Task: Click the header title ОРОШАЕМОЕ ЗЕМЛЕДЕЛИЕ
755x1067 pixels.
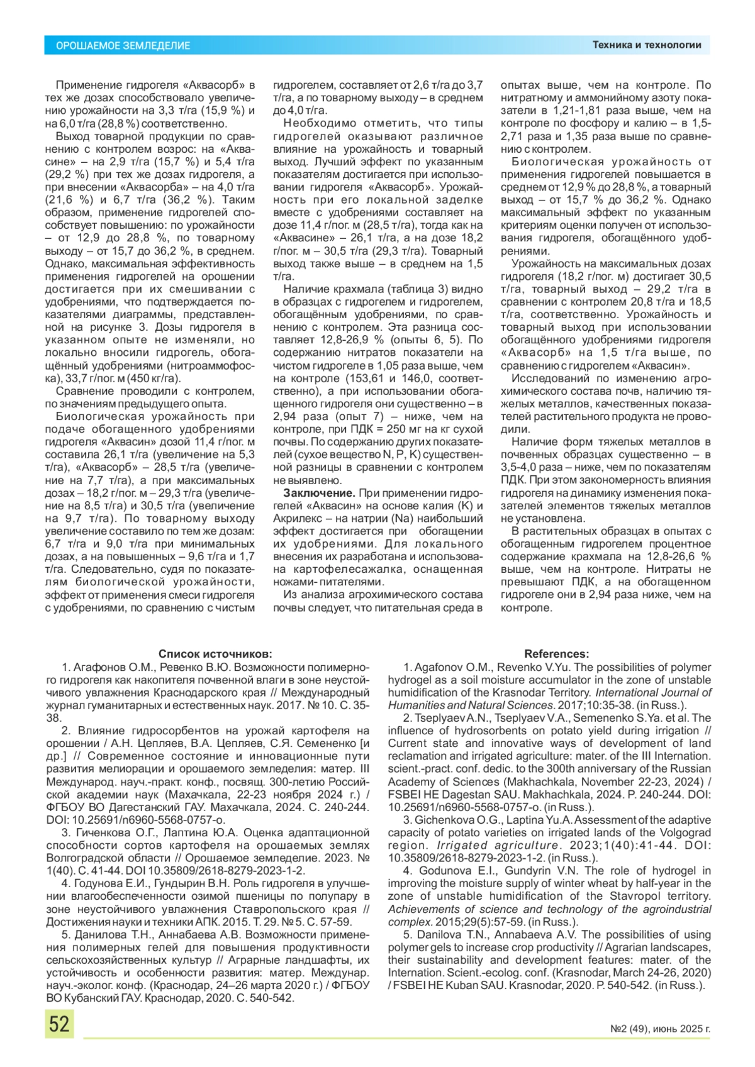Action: tap(123, 45)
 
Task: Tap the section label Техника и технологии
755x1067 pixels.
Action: tap(646, 45)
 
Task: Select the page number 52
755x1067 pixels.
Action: tap(59, 1024)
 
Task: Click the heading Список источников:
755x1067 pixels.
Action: tap(215, 654)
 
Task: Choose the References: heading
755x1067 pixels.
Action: tap(556, 654)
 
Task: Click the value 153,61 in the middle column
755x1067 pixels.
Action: tap(364, 379)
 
